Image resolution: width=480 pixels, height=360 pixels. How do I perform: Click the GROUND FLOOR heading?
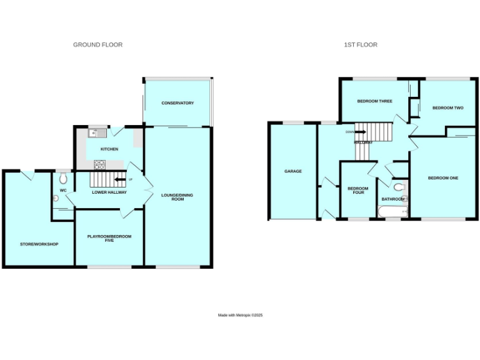point(97,45)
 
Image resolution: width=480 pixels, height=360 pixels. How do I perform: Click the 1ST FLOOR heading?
point(361,45)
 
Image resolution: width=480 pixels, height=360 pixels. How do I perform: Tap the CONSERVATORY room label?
point(177,103)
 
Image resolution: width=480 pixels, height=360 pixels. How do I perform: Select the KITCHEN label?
point(109,149)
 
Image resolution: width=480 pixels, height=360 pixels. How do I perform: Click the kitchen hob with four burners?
point(99,164)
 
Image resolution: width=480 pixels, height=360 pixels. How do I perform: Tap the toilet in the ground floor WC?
point(63,177)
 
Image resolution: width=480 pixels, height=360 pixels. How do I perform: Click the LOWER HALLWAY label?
point(109,192)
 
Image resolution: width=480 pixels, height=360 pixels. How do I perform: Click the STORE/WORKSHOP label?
point(39,244)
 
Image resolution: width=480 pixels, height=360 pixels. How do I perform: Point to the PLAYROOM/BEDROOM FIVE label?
point(109,239)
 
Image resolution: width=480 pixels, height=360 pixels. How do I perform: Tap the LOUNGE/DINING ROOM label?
point(177,197)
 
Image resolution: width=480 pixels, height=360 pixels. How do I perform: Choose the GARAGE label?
point(293,171)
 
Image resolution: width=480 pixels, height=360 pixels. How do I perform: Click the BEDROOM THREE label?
point(374,101)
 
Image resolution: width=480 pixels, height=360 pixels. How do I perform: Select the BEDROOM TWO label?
point(447,107)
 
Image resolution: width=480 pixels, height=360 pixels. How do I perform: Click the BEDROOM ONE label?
point(442,178)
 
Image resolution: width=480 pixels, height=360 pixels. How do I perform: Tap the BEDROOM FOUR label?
point(357,191)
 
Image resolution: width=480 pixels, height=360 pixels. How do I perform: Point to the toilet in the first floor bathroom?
point(399,186)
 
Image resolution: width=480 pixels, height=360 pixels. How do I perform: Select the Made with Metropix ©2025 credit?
point(240,315)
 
